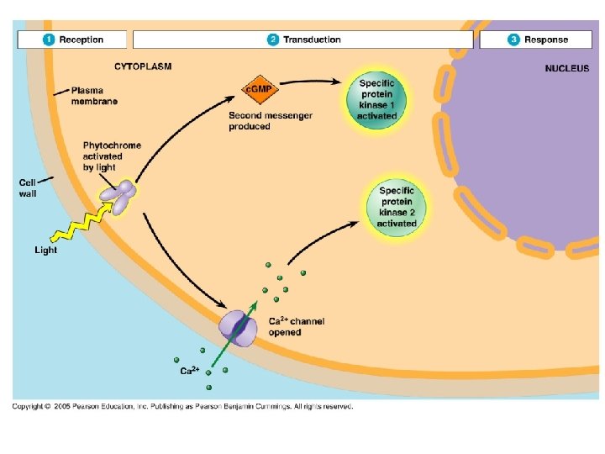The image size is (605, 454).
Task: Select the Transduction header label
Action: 312,40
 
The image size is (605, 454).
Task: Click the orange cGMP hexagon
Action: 255,88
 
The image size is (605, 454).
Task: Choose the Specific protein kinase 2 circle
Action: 396,207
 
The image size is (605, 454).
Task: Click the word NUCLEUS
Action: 567,68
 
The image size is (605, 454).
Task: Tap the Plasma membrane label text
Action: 94,95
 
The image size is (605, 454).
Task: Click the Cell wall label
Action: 28,187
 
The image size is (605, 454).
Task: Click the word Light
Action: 46,250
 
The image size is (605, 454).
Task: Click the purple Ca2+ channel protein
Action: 239,328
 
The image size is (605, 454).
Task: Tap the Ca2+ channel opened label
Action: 296,326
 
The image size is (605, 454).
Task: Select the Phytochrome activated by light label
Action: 111,156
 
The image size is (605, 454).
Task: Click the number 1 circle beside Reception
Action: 50,40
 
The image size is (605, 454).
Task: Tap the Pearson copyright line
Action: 181,406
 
